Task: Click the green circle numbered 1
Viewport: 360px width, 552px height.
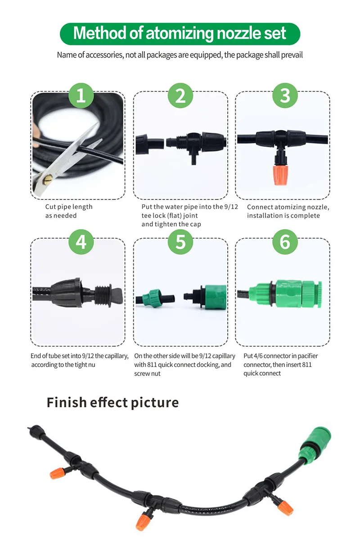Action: [81, 95]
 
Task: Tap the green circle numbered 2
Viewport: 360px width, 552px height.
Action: [180, 95]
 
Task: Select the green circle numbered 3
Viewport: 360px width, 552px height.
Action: [285, 95]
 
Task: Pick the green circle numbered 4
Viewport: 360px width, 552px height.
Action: [81, 242]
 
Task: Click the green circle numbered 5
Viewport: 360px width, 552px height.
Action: [180, 242]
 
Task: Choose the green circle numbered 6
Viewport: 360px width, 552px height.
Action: [285, 242]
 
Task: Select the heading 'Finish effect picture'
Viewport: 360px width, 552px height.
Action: [112, 402]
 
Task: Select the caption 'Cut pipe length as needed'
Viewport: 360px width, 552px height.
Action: [68, 211]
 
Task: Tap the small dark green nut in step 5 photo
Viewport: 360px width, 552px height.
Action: [150, 298]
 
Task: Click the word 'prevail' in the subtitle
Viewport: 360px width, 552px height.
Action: [292, 55]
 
